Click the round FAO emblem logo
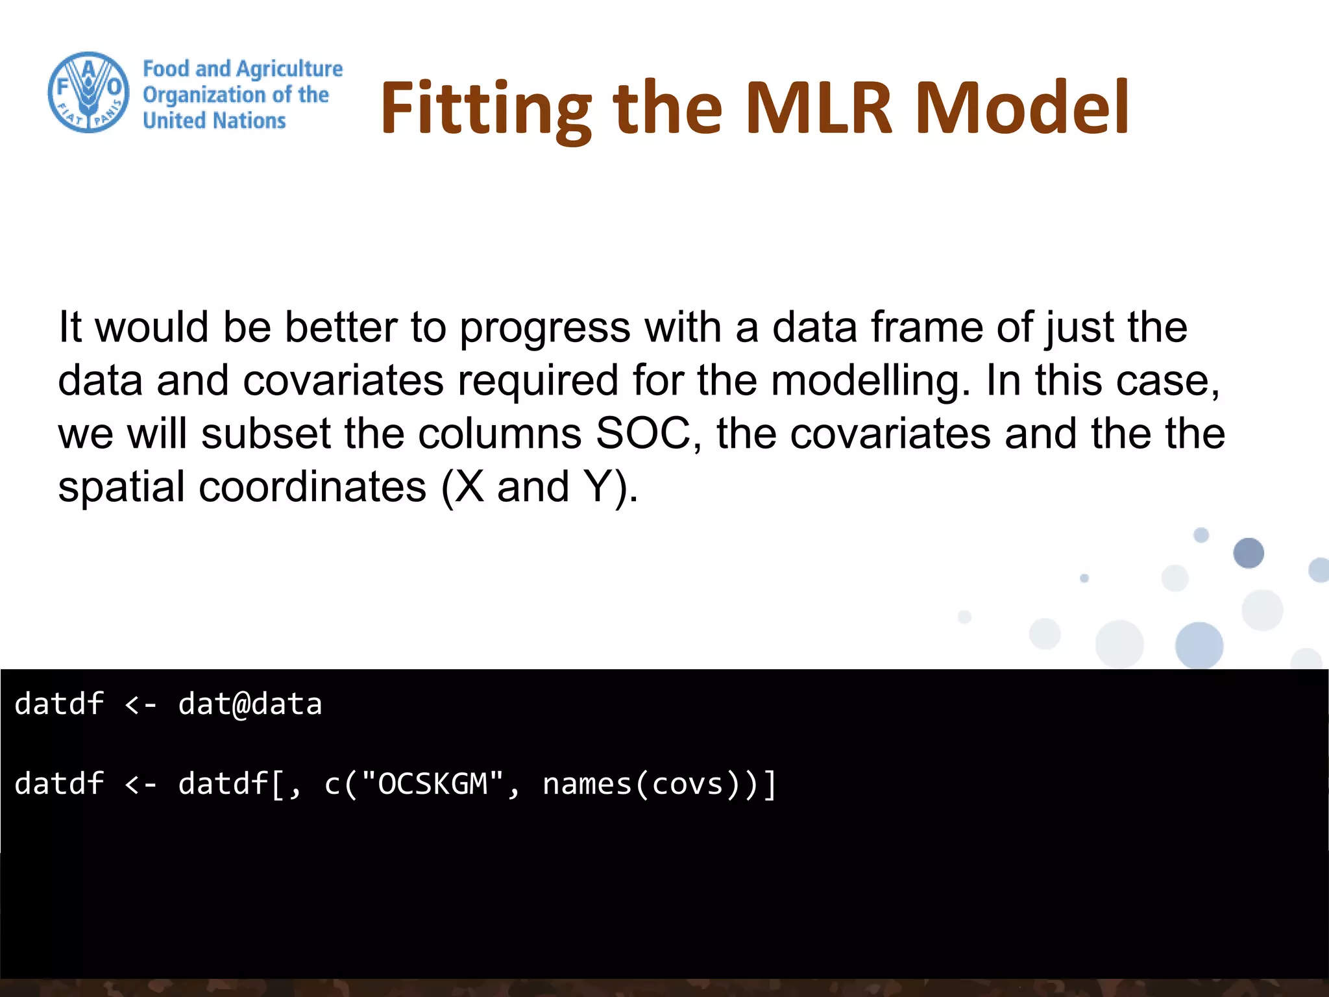click(89, 93)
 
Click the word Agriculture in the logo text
click(289, 69)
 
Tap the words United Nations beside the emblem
click(214, 121)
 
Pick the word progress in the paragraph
click(544, 328)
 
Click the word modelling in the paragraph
click(870, 380)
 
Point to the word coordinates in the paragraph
click(312, 487)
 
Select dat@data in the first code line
click(250, 704)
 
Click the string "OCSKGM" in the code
click(433, 784)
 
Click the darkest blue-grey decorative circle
click(1248, 553)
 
